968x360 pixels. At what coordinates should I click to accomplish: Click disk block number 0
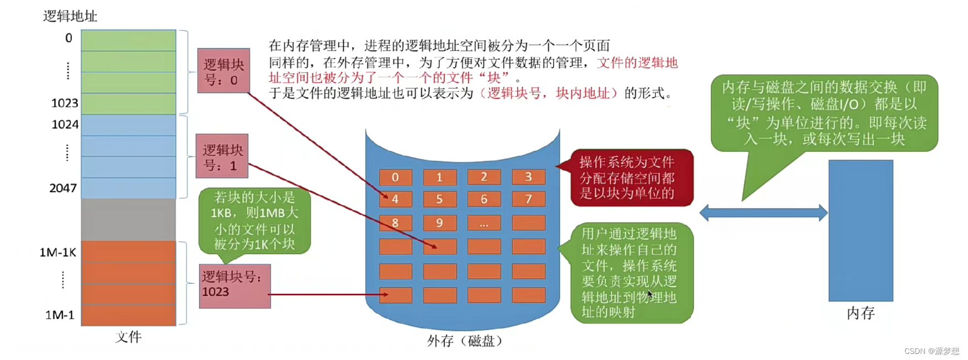(x=395, y=177)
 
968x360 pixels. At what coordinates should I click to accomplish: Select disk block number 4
(x=395, y=199)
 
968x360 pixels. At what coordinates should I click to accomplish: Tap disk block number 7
(x=528, y=199)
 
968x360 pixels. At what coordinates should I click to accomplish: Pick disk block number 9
(x=439, y=223)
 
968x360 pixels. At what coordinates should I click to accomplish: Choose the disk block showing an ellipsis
(x=484, y=223)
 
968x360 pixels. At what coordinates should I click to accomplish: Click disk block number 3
(x=528, y=177)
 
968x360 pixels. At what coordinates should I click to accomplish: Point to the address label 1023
(x=65, y=103)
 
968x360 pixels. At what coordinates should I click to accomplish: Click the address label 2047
(x=63, y=188)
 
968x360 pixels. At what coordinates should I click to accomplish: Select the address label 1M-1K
(x=58, y=253)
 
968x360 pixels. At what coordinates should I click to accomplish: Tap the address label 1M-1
(x=60, y=315)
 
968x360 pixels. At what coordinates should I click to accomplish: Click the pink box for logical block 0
(x=224, y=71)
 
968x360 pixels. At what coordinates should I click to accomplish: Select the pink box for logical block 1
(x=222, y=156)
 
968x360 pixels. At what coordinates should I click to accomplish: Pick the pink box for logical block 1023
(x=235, y=286)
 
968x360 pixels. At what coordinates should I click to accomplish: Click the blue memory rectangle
(x=860, y=230)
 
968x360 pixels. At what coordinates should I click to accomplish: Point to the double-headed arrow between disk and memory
(x=763, y=213)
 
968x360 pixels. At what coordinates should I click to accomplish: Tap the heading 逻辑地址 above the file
(x=70, y=16)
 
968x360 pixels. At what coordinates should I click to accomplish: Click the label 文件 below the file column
(x=129, y=337)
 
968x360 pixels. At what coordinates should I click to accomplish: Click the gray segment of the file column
(x=129, y=219)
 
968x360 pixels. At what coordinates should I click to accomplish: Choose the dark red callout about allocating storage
(x=631, y=178)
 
